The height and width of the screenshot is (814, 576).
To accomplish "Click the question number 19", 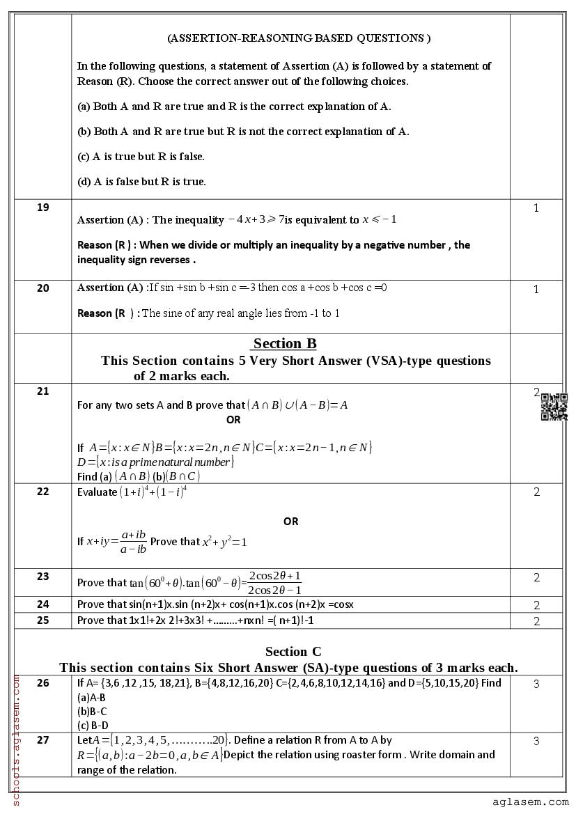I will pyautogui.click(x=42, y=208).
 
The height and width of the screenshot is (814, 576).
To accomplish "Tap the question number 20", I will pyautogui.click(x=42, y=288).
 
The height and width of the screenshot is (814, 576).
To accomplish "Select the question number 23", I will pyautogui.click(x=42, y=577).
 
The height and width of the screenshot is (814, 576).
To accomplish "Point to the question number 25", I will pyautogui.click(x=42, y=620).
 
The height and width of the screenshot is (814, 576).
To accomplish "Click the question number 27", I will pyautogui.click(x=42, y=740).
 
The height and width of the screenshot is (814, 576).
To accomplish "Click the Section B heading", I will pyautogui.click(x=285, y=343).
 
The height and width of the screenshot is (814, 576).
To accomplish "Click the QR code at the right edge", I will pyautogui.click(x=554, y=407).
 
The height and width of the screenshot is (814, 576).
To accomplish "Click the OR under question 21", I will pyautogui.click(x=233, y=420).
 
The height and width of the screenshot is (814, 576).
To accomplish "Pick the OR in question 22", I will pyautogui.click(x=290, y=521).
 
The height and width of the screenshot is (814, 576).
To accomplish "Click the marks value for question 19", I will pyautogui.click(x=536, y=208).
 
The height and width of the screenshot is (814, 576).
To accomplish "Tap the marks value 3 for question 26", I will pyautogui.click(x=536, y=684).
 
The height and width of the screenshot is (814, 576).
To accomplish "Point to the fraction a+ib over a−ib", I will pyautogui.click(x=133, y=541).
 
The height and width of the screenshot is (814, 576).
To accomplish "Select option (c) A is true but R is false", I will pyautogui.click(x=141, y=157).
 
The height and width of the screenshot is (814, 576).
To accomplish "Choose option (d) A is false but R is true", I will pyautogui.click(x=141, y=182).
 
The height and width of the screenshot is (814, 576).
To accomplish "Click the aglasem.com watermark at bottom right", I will pyautogui.click(x=530, y=802).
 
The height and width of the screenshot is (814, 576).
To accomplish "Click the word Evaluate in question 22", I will pyautogui.click(x=97, y=492).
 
